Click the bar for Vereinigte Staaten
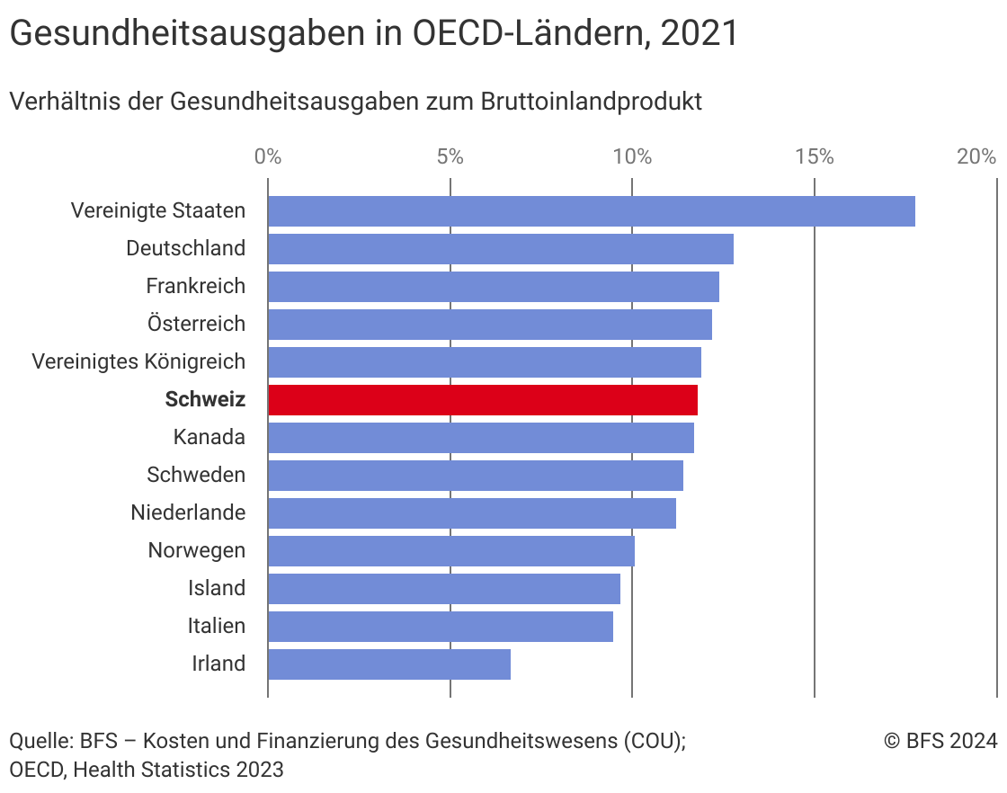click(x=591, y=211)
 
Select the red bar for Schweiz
click(x=483, y=400)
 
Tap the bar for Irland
click(x=389, y=664)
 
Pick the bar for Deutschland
click(x=501, y=249)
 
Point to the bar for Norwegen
click(x=451, y=551)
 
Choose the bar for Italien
click(x=441, y=627)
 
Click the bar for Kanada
click(x=481, y=438)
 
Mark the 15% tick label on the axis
click(x=814, y=156)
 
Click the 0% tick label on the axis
click(x=268, y=156)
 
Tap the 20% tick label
click(x=976, y=156)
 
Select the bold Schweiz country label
click(x=205, y=400)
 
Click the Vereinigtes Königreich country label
click(x=138, y=361)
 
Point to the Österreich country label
click(x=196, y=324)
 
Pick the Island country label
click(x=216, y=588)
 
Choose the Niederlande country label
click(x=188, y=512)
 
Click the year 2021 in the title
click(x=699, y=34)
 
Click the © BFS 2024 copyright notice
click(x=940, y=741)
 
